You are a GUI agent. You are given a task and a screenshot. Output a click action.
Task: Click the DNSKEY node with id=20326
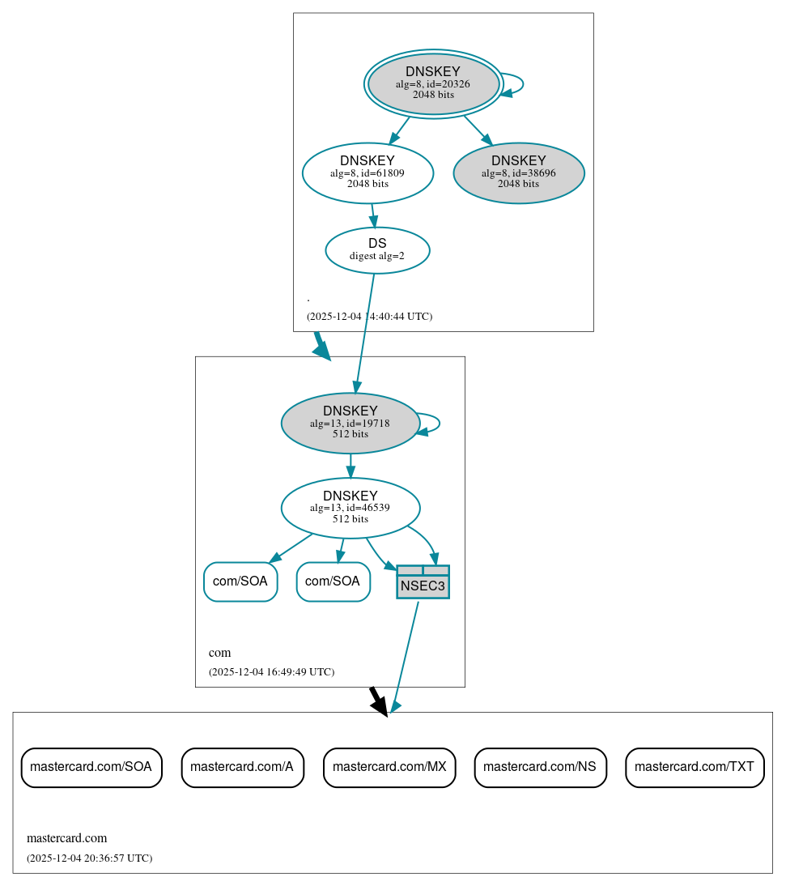coord(433,83)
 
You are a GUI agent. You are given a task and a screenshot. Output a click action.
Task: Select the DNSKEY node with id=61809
coord(368,172)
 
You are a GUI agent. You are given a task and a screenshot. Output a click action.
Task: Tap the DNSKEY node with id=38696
coord(519,172)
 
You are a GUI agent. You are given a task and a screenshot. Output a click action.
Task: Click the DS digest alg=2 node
coord(377,249)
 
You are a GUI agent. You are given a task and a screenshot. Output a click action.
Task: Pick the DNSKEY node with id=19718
coord(350,423)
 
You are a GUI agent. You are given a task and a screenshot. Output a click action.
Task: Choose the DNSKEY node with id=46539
coord(350,508)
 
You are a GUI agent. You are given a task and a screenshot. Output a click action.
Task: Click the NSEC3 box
coord(423,582)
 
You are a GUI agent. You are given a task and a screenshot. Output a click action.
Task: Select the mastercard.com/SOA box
coord(91,767)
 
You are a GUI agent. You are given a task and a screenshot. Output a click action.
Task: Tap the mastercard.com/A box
coord(242,767)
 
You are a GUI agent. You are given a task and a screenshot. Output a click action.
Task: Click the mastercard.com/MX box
coord(389,767)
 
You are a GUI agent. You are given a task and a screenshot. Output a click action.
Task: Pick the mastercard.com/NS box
coord(540,767)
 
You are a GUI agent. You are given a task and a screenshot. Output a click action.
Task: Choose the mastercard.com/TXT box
coord(695,767)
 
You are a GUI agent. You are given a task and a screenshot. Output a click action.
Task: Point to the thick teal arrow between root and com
coord(321,347)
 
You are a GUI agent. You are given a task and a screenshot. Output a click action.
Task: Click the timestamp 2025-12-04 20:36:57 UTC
coord(89,858)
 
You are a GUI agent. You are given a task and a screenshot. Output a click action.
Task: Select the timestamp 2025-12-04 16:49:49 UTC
coord(271,672)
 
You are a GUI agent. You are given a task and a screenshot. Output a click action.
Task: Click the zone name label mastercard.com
coord(66,838)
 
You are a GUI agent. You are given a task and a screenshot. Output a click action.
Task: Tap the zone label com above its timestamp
coord(219,653)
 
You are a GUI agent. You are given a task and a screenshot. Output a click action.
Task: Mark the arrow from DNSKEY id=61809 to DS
coord(373,215)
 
